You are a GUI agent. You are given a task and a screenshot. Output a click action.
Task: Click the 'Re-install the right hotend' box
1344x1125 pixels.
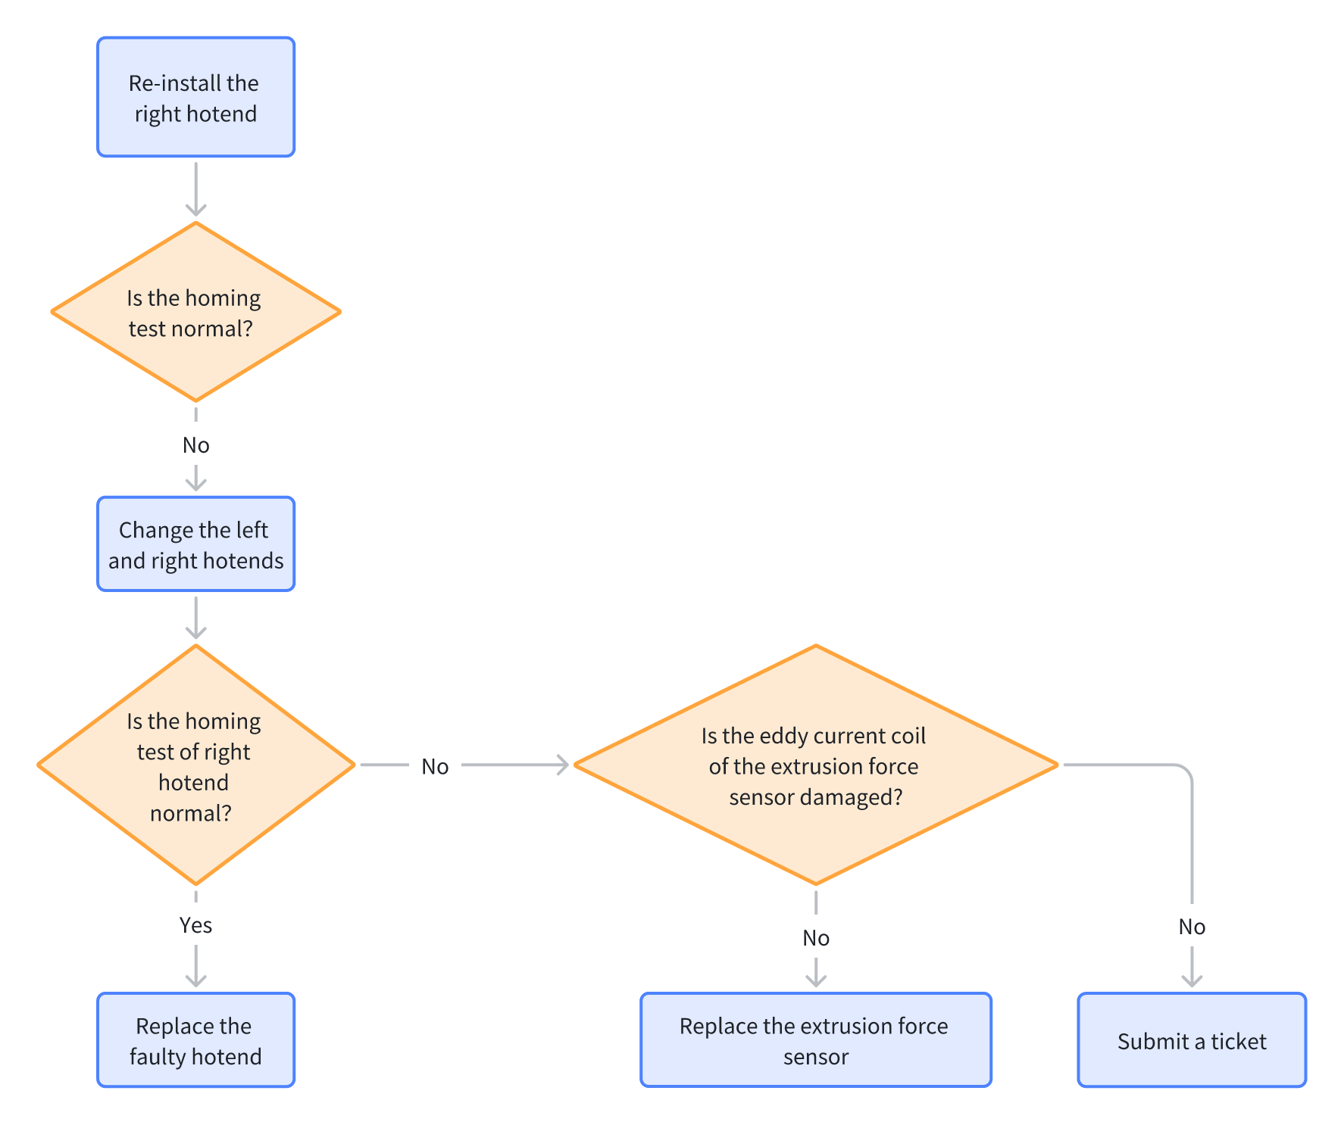[x=195, y=97]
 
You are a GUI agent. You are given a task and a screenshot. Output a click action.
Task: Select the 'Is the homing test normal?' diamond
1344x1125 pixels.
[x=195, y=311]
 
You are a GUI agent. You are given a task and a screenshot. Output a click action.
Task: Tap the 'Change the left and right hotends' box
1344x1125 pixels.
[x=195, y=544]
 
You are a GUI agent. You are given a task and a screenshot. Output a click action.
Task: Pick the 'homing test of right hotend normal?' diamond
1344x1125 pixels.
[x=195, y=765]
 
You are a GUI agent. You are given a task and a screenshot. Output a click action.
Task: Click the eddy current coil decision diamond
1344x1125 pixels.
[x=816, y=765]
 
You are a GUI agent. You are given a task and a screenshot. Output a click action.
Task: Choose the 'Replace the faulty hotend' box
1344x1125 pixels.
[x=195, y=1040]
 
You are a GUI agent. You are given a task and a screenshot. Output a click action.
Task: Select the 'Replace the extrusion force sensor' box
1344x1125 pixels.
[x=816, y=1040]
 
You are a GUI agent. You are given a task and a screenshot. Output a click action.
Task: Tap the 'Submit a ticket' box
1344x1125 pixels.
[x=1192, y=1040]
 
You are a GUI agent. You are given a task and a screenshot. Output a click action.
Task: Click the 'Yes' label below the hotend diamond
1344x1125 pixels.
[x=195, y=925]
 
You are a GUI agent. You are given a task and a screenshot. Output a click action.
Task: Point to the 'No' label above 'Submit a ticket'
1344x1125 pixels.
[x=1192, y=927]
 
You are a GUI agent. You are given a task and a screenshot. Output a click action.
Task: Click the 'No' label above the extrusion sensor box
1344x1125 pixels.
[x=816, y=938]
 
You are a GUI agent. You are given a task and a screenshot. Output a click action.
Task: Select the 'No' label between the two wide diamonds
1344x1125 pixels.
[x=435, y=767]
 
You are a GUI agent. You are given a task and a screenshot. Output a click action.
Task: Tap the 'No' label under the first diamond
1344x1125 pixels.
[x=195, y=445]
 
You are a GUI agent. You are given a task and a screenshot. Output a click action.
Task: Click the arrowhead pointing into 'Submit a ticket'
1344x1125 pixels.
[x=1192, y=980]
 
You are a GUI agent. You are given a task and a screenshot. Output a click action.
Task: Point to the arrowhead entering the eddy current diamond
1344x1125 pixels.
[x=562, y=765]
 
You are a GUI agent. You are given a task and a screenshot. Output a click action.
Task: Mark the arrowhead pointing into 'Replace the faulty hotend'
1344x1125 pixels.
[x=195, y=980]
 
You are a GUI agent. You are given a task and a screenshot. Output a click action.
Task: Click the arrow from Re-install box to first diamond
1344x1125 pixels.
[x=195, y=189]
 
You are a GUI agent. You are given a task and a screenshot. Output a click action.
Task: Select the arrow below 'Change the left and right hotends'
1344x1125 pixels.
[x=195, y=618]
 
